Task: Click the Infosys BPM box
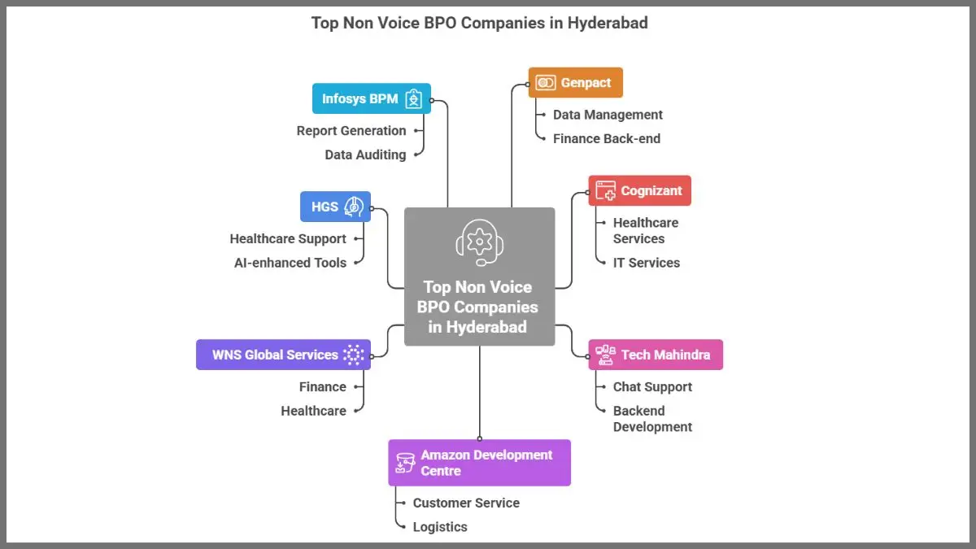click(x=372, y=98)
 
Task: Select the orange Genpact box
click(x=575, y=83)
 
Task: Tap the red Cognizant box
click(x=639, y=190)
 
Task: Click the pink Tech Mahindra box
click(x=656, y=355)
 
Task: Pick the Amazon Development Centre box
click(x=479, y=463)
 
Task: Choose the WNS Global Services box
click(x=283, y=355)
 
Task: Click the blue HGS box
click(x=335, y=207)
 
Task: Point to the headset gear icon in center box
click(x=480, y=242)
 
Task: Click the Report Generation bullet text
click(x=351, y=131)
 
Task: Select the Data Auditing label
click(x=365, y=155)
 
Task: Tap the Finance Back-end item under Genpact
click(x=606, y=138)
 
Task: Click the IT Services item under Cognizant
click(x=646, y=263)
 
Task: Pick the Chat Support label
click(x=652, y=387)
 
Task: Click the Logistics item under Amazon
click(x=440, y=527)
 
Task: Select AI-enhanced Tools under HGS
click(x=290, y=263)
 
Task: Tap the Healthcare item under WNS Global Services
click(x=313, y=411)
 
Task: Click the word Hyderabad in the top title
click(x=605, y=23)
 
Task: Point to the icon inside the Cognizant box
click(x=605, y=190)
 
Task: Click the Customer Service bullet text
click(x=466, y=503)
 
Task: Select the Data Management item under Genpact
click(x=608, y=115)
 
